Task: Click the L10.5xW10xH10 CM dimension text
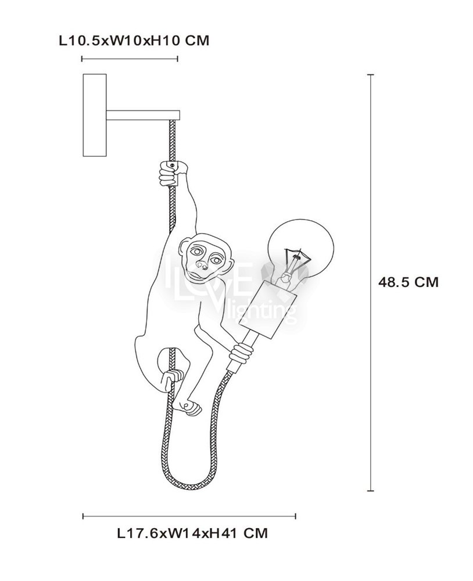pos(134,40)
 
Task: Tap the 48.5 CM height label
pos(408,282)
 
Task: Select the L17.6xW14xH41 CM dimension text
pos(192,533)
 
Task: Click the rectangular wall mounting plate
pos(95,115)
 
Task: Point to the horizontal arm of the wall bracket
pos(143,115)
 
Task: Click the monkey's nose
pos(201,266)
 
